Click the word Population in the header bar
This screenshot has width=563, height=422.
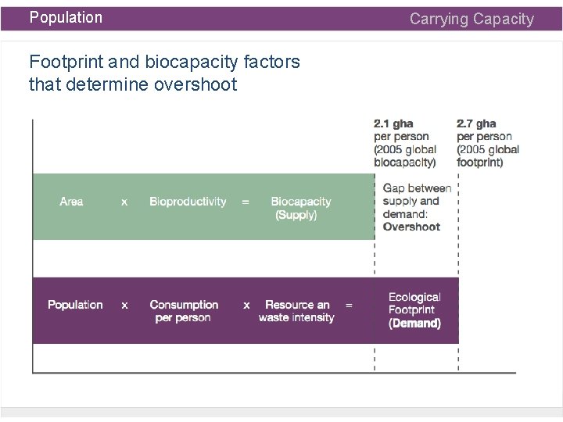tap(66, 17)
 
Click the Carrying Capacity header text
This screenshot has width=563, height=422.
tap(472, 19)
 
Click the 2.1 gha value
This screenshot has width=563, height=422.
tap(393, 124)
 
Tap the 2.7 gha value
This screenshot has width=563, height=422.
tap(475, 124)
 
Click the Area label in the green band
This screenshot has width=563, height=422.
tap(71, 202)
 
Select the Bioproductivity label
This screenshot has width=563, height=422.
tap(188, 202)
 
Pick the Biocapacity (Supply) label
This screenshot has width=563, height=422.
tap(300, 208)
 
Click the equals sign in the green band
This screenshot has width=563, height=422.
tap(246, 202)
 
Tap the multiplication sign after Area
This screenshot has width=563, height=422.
tap(124, 202)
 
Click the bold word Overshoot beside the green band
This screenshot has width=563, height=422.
tap(411, 227)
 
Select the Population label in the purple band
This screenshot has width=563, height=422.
tap(75, 305)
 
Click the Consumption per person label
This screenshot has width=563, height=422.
tap(184, 311)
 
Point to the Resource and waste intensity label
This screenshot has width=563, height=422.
tap(297, 311)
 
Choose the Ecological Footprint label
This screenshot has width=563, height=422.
tap(414, 303)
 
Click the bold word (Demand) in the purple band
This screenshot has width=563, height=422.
tap(414, 323)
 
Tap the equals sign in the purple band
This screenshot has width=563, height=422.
tap(349, 305)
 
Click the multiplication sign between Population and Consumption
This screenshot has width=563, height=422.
tap(124, 305)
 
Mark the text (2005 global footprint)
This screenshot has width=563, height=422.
tap(488, 156)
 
